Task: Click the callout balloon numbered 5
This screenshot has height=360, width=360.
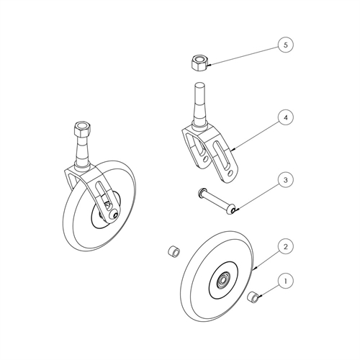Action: (285, 45)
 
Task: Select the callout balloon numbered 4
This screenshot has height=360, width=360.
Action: (285, 118)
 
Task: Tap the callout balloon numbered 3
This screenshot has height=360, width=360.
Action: (285, 180)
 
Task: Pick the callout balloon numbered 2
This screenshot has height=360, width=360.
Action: (285, 246)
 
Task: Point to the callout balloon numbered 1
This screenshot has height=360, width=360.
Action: (285, 281)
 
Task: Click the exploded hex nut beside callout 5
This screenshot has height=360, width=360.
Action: (199, 63)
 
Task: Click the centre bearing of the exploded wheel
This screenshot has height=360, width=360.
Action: (222, 280)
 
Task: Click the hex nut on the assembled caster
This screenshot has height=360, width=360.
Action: (83, 129)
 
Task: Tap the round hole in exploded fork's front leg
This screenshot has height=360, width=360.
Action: (230, 173)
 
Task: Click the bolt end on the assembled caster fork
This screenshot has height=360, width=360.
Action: (114, 215)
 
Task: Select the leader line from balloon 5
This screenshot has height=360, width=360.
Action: (243, 55)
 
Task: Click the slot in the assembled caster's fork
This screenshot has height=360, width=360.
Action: (102, 193)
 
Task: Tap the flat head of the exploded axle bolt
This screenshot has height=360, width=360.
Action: (200, 192)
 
